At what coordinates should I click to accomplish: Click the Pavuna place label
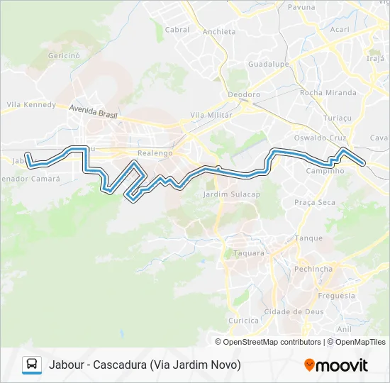(x=301, y=6)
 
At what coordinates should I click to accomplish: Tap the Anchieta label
(x=218, y=32)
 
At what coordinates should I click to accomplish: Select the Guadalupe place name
(x=266, y=63)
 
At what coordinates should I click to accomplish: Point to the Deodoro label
(x=244, y=94)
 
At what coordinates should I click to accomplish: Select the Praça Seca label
(x=315, y=202)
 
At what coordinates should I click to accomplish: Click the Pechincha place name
(x=313, y=270)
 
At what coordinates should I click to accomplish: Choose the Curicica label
(x=243, y=321)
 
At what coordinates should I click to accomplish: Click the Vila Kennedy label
(x=31, y=105)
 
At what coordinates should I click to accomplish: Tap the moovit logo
(x=336, y=365)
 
